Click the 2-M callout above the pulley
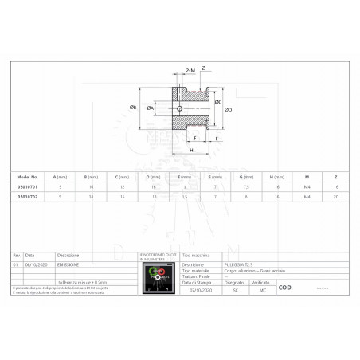pos(190,71)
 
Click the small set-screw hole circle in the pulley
pos(180,108)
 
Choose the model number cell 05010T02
pos(28,194)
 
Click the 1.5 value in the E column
pos(186,194)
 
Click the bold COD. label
pos(288,288)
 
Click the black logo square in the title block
pos(156,279)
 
